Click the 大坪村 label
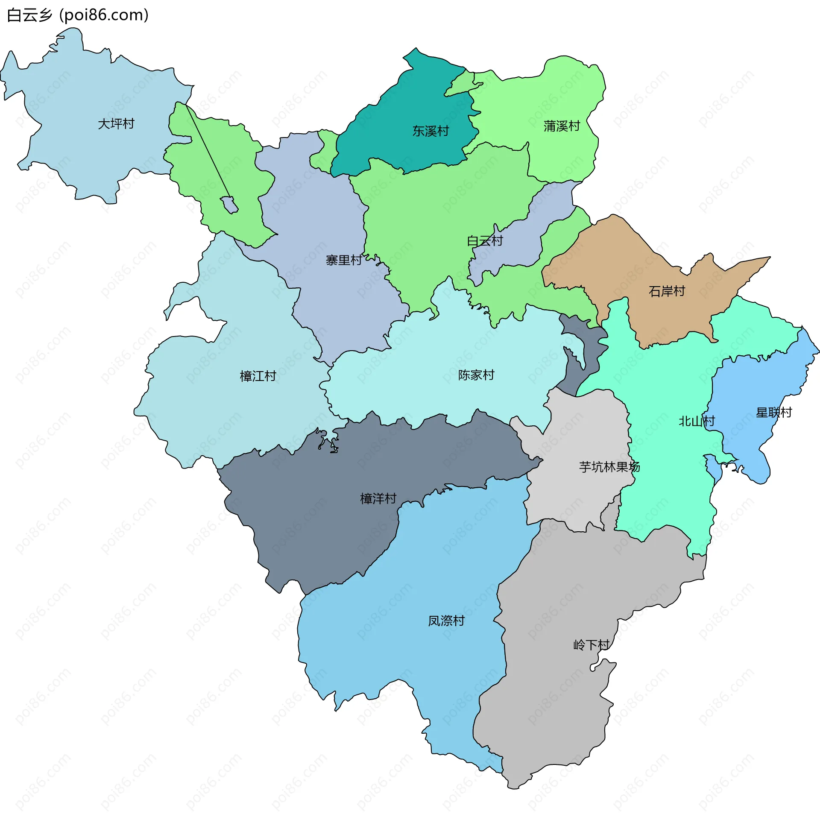116,124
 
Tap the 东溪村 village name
430,131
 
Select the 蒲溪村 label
562,126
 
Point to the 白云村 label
485,241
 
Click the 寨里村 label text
344,260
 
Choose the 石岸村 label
667,291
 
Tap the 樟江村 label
258,376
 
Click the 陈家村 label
476,375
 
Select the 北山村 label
697,421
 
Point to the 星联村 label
774,413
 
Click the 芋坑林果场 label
609,467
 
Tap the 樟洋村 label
378,498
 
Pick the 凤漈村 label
446,621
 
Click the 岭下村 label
591,645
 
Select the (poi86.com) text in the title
104,15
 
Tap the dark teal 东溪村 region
410,107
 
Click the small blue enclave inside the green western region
229,205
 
